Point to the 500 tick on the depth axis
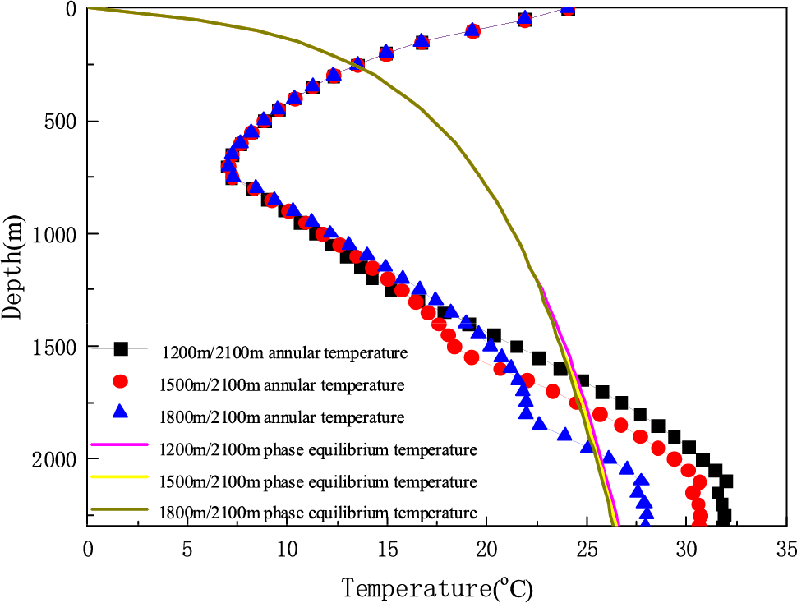coord(56,122)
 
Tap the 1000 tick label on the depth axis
coord(51,234)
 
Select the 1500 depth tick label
coord(51,347)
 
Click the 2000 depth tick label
coord(51,459)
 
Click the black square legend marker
coord(121,348)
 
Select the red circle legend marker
coord(121,381)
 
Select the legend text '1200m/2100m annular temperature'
coord(284,354)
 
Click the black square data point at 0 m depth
coord(567,9)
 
